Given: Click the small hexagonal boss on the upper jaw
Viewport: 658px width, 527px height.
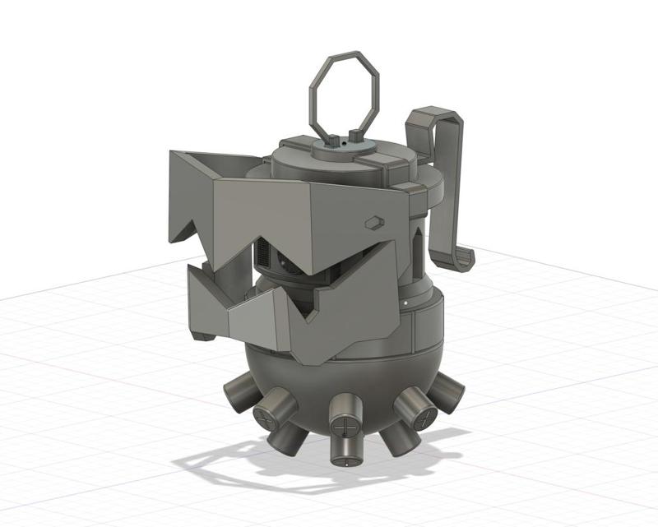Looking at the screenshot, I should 373,222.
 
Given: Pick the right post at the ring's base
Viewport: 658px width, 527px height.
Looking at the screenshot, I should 354,136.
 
